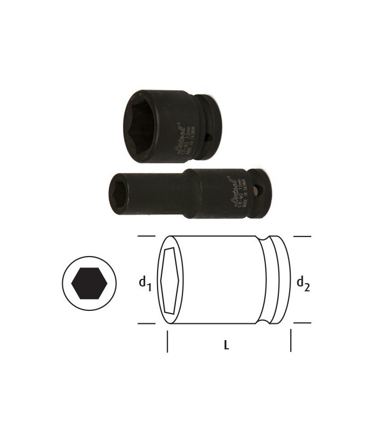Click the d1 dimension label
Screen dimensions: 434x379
click(x=143, y=283)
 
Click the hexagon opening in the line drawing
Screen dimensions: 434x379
click(x=171, y=281)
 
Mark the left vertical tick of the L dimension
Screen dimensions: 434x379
click(x=167, y=343)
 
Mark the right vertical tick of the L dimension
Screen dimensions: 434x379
click(x=291, y=342)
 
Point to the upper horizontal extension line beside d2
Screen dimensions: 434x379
click(x=302, y=237)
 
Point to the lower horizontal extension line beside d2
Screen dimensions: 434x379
click(x=302, y=324)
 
